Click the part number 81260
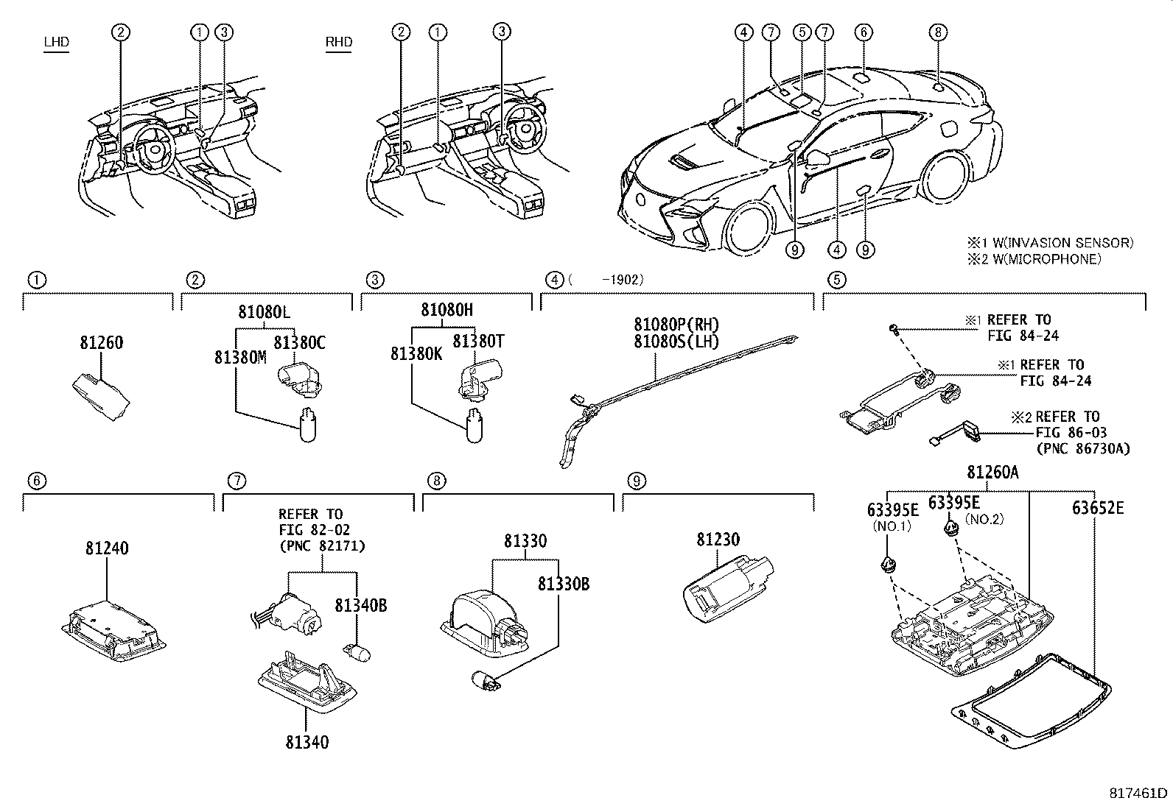(x=101, y=343)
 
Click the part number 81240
(x=106, y=548)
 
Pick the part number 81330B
(x=564, y=584)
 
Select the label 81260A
(x=992, y=473)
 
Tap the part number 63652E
(x=1098, y=508)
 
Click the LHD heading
(x=56, y=42)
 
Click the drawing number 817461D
(x=1140, y=794)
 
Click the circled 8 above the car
(x=936, y=32)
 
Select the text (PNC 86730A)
(x=1082, y=448)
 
